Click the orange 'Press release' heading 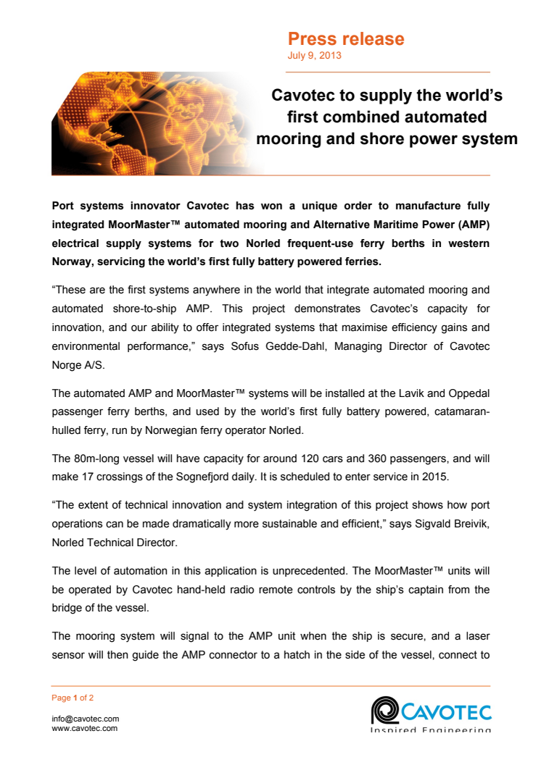pos(346,38)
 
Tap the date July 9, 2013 pos(315,55)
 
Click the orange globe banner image pos(145,123)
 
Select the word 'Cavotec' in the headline pos(303,96)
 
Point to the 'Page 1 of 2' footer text pos(73,698)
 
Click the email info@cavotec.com pos(86,719)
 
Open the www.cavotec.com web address pos(85,728)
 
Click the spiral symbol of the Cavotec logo pos(383,709)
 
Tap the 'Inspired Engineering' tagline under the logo pos(431,730)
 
